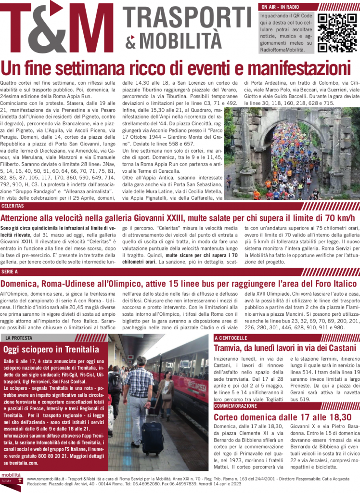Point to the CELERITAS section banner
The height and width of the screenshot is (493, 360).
[x=13, y=206]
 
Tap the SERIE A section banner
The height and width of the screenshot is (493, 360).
[x=10, y=272]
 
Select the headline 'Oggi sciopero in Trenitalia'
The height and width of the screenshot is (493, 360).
[x=51, y=349]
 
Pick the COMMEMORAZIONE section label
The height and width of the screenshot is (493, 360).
[x=236, y=406]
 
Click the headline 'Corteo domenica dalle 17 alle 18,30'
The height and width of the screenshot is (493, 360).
[x=283, y=417]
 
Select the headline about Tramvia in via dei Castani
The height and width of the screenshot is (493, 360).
[x=284, y=348]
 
